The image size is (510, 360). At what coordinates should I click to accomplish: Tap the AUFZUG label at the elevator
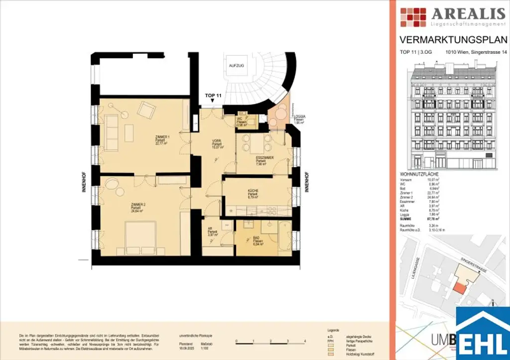[x=236, y=66]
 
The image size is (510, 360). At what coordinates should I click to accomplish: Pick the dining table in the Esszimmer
[x=256, y=144]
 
